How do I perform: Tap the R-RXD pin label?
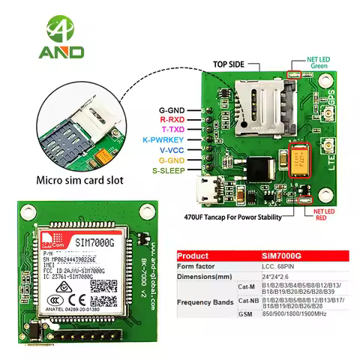(175, 119)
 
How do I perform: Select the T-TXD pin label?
(175, 129)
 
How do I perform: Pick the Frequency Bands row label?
(205, 303)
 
